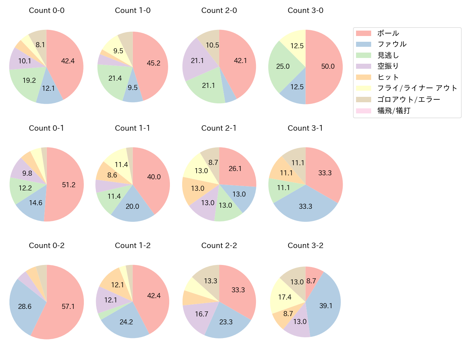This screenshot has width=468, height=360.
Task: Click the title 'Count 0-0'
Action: click(x=46, y=10)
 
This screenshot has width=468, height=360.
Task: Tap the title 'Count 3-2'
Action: click(x=305, y=246)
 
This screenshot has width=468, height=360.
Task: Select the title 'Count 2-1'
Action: click(x=219, y=128)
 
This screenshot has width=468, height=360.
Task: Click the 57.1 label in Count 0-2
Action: click(x=68, y=306)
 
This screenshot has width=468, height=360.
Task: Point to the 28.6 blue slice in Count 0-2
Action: click(x=25, y=306)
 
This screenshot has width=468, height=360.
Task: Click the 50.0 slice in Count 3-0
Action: click(x=328, y=67)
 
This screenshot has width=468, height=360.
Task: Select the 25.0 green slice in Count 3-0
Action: click(x=283, y=66)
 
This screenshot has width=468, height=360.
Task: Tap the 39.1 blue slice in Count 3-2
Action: click(x=325, y=306)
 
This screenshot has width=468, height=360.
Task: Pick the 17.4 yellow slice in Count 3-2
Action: click(x=285, y=297)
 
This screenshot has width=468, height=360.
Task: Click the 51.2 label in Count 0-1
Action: click(x=68, y=185)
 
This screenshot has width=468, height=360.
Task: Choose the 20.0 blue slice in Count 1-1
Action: click(x=132, y=206)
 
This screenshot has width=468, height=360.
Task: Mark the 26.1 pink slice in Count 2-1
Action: click(x=235, y=168)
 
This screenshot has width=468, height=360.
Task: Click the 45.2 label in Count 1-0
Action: click(x=153, y=63)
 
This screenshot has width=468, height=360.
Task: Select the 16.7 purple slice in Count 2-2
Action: click(x=202, y=314)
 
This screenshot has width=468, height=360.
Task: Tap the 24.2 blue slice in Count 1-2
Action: click(x=126, y=322)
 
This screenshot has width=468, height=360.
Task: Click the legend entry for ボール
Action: click(x=388, y=33)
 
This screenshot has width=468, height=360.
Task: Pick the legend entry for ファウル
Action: click(x=392, y=44)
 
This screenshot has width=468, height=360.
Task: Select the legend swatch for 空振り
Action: click(x=363, y=66)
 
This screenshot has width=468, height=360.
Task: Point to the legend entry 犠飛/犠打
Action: click(x=393, y=111)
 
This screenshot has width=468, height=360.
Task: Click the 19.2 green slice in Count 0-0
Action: click(x=29, y=80)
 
